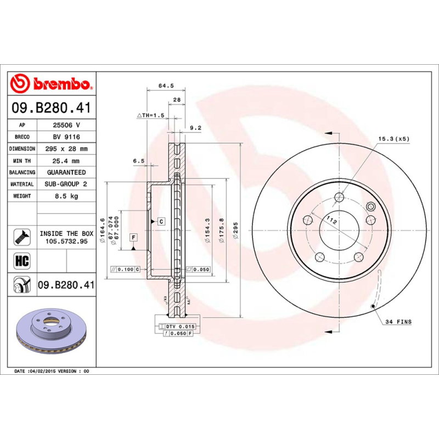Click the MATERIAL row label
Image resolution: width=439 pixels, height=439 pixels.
click(22, 184)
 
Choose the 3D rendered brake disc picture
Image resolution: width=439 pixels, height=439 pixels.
click(51, 335)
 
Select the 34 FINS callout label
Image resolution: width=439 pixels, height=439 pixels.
click(398, 322)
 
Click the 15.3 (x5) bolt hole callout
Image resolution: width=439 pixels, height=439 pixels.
click(394, 139)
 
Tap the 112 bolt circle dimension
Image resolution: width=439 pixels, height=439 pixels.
click(331, 220)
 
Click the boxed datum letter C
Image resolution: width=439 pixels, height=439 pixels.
click(161, 221)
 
